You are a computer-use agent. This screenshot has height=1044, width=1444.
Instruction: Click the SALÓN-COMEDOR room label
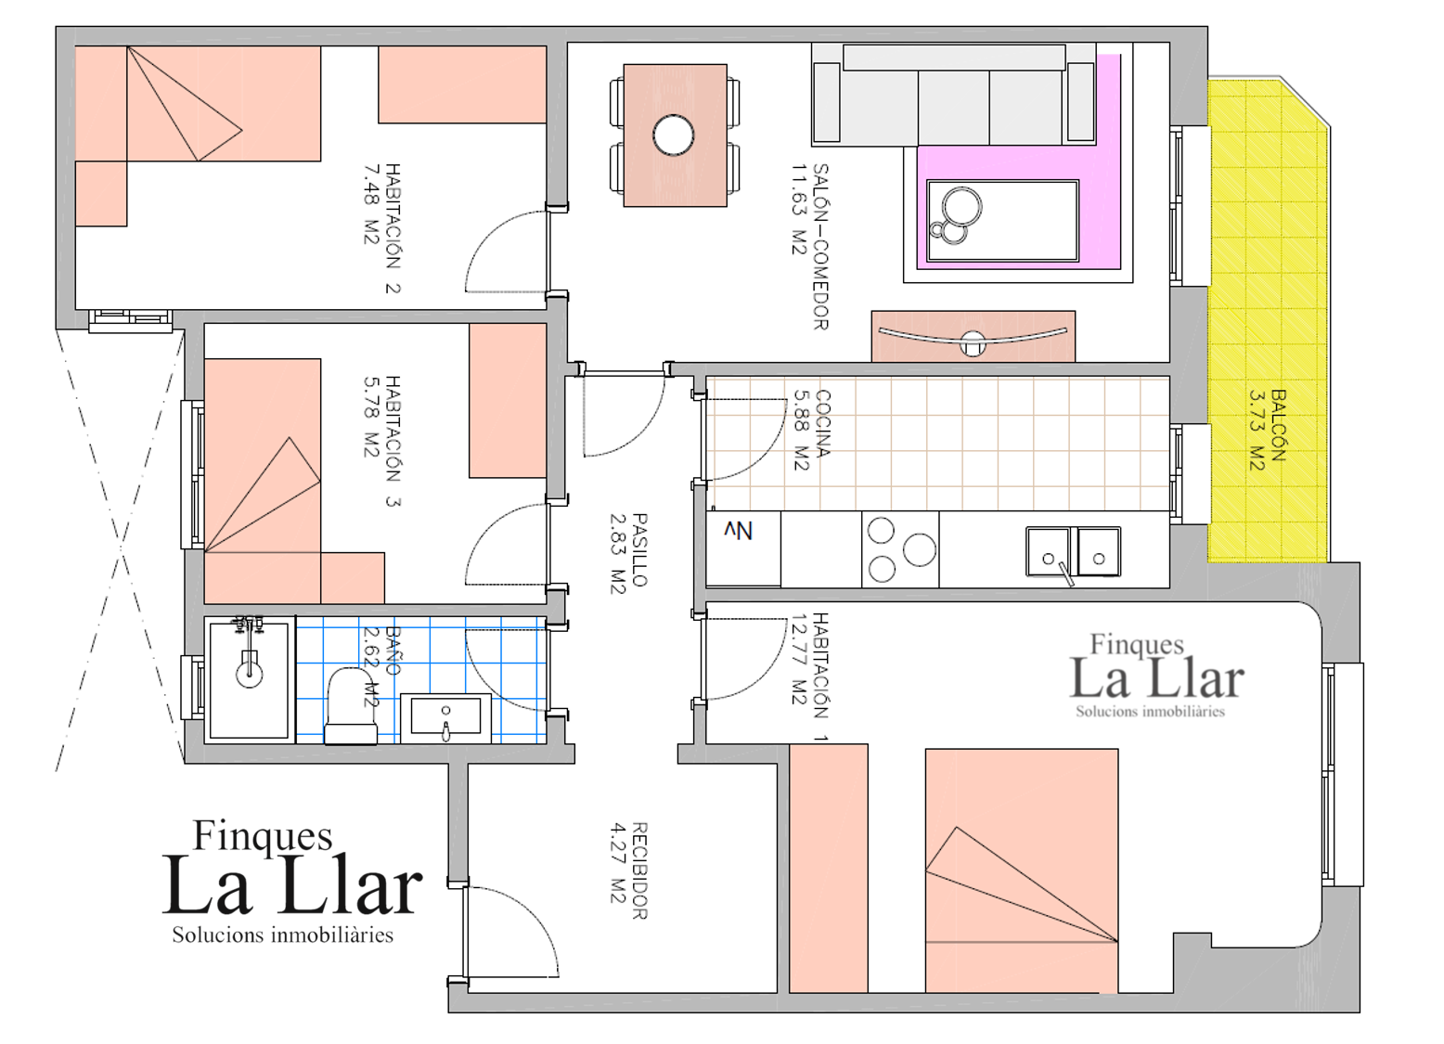820,247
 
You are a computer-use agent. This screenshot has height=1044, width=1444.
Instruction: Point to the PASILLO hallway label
639,549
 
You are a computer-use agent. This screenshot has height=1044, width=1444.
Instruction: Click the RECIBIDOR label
639,870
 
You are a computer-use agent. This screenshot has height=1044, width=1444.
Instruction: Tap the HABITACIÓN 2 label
393,229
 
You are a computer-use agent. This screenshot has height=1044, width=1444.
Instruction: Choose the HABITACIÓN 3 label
393,442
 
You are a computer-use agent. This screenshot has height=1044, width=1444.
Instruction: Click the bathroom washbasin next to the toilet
445,716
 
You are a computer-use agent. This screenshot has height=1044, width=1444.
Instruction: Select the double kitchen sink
1074,552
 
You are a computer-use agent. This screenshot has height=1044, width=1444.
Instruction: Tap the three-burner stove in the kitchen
900,549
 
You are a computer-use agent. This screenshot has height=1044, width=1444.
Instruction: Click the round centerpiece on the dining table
674,135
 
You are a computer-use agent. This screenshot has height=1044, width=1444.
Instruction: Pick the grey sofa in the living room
954,94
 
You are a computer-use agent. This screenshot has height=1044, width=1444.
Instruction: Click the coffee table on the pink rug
1002,221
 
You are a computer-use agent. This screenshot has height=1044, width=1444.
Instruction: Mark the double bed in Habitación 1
1022,870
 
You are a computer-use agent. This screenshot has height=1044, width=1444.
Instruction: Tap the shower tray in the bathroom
250,680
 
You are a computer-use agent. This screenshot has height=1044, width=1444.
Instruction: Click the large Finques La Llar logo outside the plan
291,881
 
